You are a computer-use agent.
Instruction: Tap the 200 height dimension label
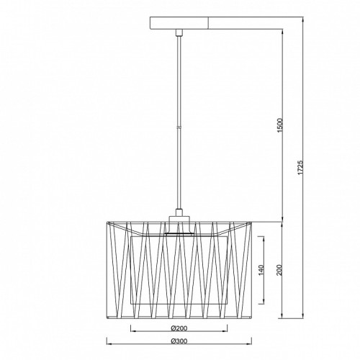pos(280,270)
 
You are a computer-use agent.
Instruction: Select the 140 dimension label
pos(261,270)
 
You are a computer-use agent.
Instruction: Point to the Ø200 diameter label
pos(179,328)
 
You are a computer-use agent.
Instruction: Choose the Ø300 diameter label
pos(179,341)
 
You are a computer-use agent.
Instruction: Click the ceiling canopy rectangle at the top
pos(179,23)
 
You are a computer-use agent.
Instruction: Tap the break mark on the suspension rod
pos(179,127)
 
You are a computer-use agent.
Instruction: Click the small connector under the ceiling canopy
pos(179,32)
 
